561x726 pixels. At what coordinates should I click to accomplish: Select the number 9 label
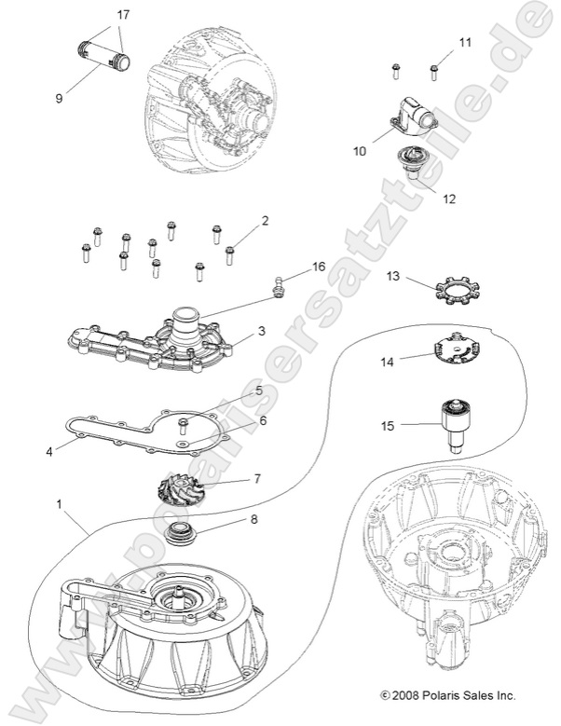point(59,97)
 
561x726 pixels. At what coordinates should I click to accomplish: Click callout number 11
point(466,43)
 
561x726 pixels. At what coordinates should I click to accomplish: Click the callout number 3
point(262,330)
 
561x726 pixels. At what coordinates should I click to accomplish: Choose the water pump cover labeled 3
point(158,336)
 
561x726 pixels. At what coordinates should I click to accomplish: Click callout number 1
point(59,503)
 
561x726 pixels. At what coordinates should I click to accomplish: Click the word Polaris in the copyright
point(453,694)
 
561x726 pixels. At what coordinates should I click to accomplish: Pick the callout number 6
point(263,420)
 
